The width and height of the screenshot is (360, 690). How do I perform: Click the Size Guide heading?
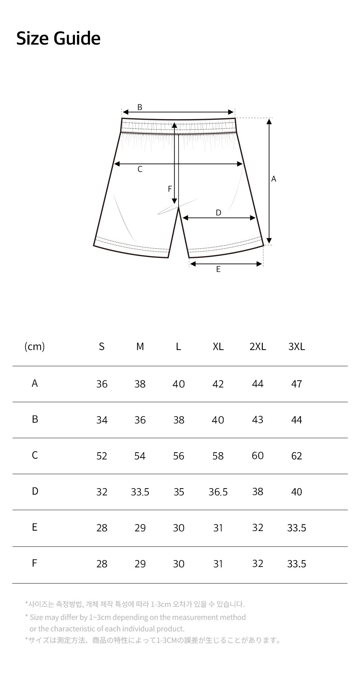(x=58, y=38)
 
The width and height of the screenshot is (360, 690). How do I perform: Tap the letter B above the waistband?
(x=140, y=107)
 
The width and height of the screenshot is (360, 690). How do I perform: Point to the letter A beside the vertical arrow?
(x=274, y=179)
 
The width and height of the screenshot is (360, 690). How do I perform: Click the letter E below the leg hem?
(x=218, y=269)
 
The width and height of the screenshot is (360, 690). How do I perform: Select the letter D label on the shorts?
(x=218, y=213)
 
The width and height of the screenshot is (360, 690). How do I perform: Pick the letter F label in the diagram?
(x=170, y=189)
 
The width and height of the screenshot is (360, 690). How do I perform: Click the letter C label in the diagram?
(x=140, y=169)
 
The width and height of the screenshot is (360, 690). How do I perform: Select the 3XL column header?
(x=297, y=346)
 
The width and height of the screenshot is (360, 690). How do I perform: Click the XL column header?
(x=218, y=346)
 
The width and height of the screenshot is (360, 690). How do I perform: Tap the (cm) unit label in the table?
(x=35, y=346)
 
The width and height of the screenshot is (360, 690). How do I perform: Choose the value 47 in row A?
(x=297, y=384)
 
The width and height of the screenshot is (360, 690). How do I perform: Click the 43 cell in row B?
(x=258, y=420)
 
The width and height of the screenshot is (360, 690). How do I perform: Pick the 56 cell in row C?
(x=179, y=456)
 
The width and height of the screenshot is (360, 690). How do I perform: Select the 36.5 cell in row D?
(x=218, y=492)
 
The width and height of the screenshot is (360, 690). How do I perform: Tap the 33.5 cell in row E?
(x=297, y=528)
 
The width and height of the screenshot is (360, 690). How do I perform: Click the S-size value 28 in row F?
(x=102, y=564)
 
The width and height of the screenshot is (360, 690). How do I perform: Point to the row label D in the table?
(x=35, y=491)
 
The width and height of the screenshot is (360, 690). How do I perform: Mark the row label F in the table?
(x=35, y=563)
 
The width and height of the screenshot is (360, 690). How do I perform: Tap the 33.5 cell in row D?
(x=140, y=492)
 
